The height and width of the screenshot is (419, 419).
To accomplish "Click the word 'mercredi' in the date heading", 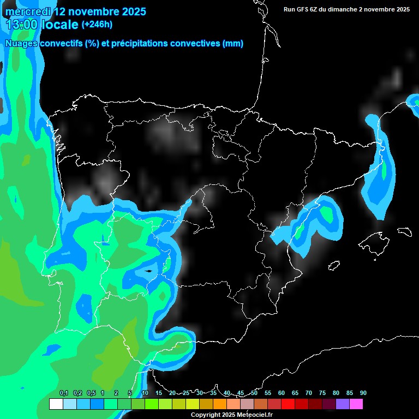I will [x=26, y=11].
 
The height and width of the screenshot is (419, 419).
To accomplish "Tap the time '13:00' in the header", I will [x=22, y=25].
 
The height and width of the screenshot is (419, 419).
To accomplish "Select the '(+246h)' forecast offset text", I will [x=97, y=24].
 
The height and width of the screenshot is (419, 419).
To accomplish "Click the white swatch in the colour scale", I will [x=56, y=404].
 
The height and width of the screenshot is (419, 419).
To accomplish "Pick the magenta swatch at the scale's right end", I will [x=356, y=404].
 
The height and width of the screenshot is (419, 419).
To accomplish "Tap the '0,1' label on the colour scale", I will [x=63, y=393].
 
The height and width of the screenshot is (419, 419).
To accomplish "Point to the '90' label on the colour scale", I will [x=363, y=393].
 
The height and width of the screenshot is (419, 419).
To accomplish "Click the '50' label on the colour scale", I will [x=254, y=393].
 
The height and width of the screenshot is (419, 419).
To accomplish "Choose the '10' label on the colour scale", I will [x=145, y=393].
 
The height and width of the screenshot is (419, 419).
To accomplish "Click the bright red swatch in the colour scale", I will [x=288, y=404].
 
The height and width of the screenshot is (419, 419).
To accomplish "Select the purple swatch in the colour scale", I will [x=342, y=404].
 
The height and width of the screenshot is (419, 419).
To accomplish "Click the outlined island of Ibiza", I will [x=334, y=265].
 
